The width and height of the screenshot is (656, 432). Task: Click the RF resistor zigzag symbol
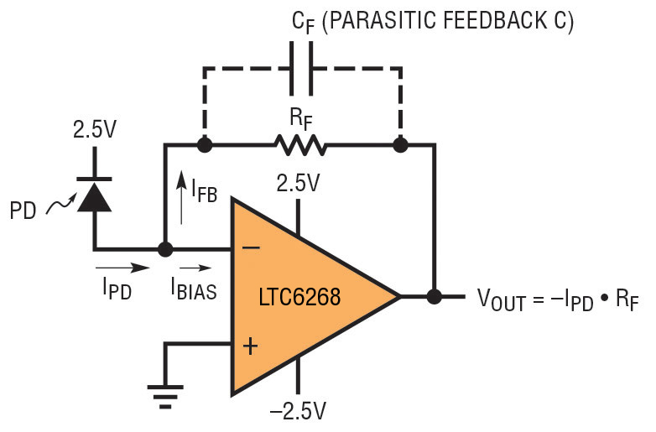(x=299, y=145)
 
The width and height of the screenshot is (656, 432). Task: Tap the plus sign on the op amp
(x=249, y=346)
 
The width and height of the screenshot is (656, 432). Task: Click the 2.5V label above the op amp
(x=298, y=183)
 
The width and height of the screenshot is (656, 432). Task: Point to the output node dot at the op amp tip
(x=434, y=296)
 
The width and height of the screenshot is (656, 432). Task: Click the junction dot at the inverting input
(x=165, y=249)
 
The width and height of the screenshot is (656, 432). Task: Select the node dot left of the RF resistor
(x=202, y=145)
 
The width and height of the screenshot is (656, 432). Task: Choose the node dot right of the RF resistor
(x=400, y=145)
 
